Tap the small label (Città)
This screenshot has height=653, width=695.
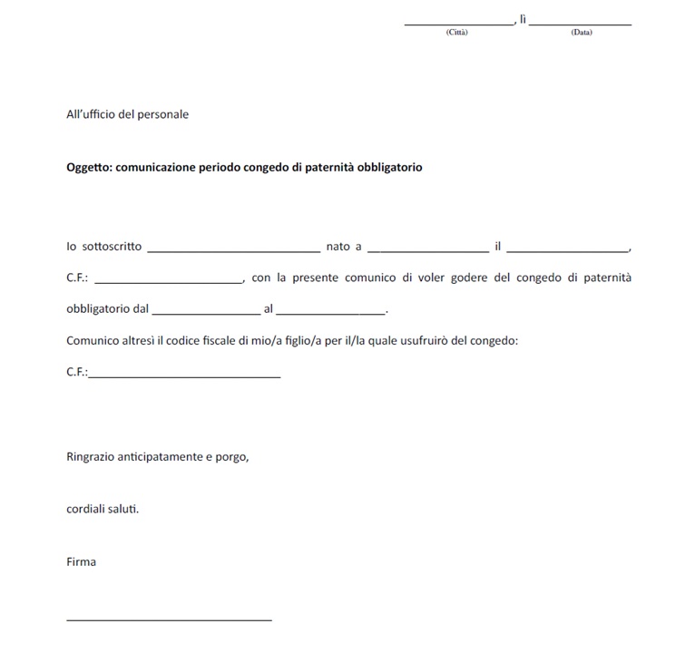(457, 33)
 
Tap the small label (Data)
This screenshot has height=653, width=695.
(582, 33)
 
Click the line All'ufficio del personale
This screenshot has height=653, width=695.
(128, 114)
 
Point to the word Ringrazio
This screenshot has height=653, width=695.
(93, 456)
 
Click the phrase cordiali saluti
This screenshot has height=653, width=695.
(103, 509)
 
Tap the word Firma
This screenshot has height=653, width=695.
(81, 561)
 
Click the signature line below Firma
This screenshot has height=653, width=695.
(169, 619)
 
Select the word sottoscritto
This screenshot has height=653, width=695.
(113, 247)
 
